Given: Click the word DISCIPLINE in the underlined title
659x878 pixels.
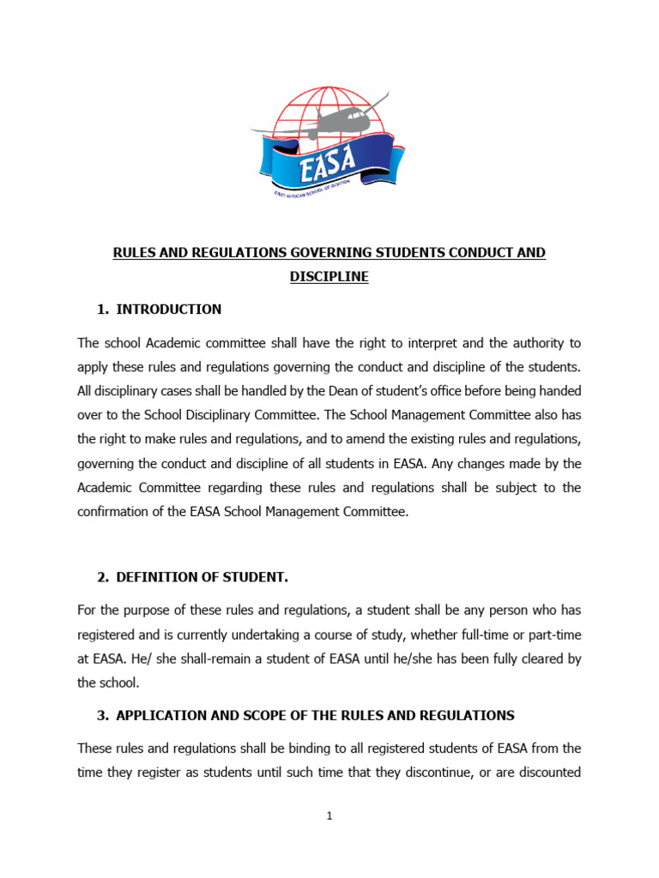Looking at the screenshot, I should tap(329, 277).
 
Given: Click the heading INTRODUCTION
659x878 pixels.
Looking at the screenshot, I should tap(169, 310).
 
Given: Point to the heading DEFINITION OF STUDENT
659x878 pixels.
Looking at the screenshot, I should tap(202, 578).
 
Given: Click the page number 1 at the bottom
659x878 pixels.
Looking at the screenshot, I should tap(329, 816).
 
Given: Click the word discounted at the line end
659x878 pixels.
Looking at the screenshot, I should tap(549, 772).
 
